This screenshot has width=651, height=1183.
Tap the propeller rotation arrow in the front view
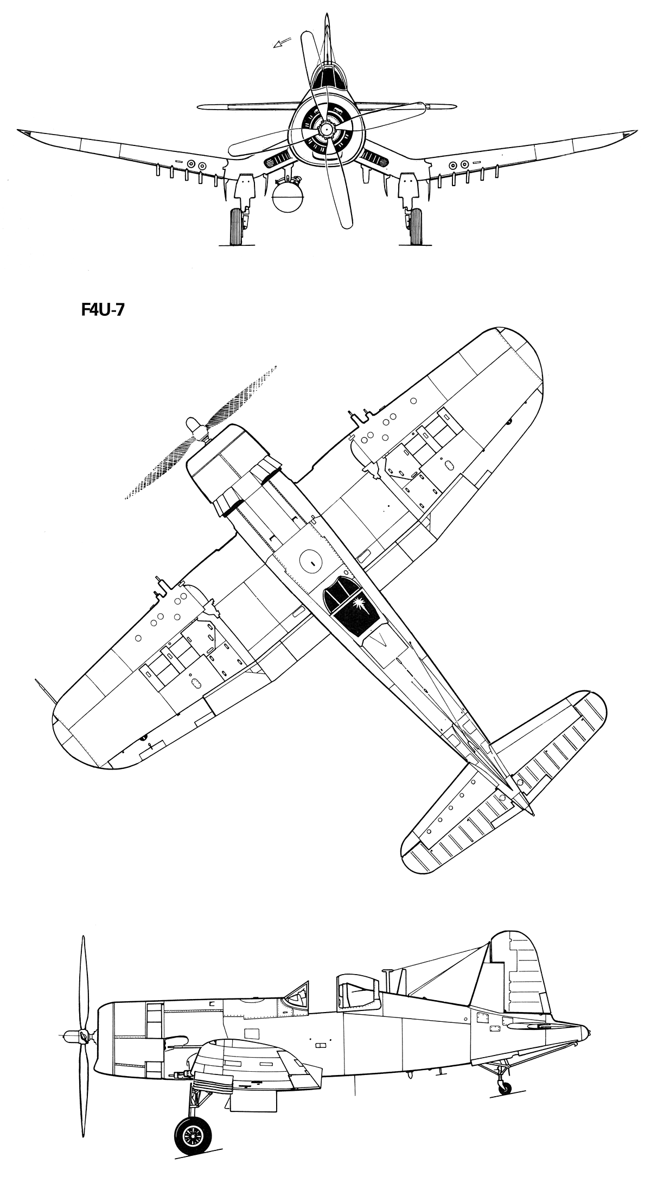[281, 43]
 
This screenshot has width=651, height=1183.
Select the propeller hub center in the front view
[325, 129]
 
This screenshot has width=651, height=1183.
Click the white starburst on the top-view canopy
[360, 604]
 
